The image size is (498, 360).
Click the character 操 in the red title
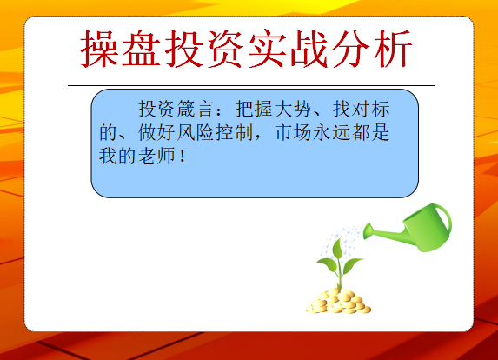click(x=100, y=49)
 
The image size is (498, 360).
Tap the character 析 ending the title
click(x=393, y=49)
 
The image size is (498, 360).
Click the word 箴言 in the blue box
click(x=195, y=109)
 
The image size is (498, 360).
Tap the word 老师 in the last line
click(x=156, y=156)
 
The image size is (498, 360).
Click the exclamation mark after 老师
click(x=183, y=157)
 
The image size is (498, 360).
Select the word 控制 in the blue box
click(x=234, y=132)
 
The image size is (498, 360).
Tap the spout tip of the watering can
click(x=367, y=231)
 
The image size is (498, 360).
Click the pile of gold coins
click(x=339, y=301)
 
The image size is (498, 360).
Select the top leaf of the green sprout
click(x=337, y=248)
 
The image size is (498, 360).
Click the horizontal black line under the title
click(x=251, y=85)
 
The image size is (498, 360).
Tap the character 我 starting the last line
click(x=108, y=156)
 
